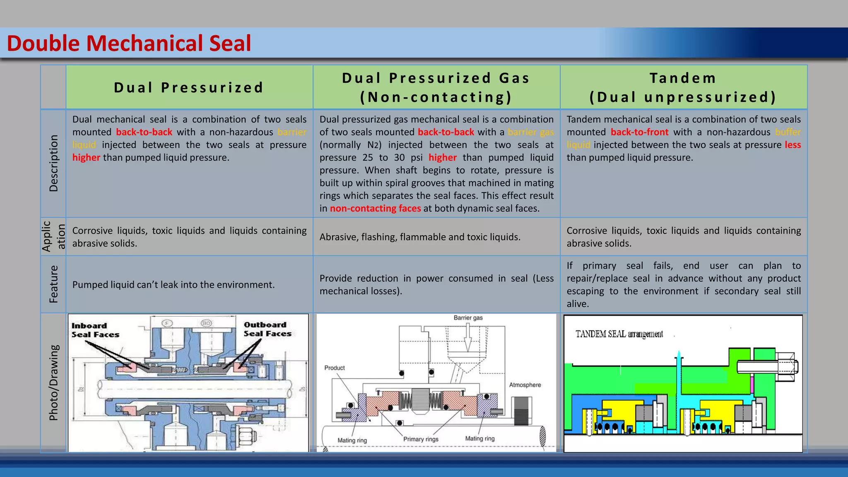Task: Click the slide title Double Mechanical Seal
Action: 129,43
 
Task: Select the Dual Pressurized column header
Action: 189,88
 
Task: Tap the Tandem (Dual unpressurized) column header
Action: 683,87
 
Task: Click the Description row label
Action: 53,163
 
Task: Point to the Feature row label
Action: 53,284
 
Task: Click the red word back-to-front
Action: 639,132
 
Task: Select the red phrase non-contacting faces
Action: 375,208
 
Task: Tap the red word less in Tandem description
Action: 793,145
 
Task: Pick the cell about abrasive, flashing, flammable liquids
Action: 420,237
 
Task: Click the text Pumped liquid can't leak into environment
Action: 173,285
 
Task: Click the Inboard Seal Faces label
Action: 95,330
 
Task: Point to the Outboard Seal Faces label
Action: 267,329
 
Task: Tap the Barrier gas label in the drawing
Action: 468,318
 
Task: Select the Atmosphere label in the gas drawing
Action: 525,385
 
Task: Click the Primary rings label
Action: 421,439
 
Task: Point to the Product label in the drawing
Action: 335,368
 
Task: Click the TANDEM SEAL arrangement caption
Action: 619,334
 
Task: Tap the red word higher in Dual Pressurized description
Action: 86,158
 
